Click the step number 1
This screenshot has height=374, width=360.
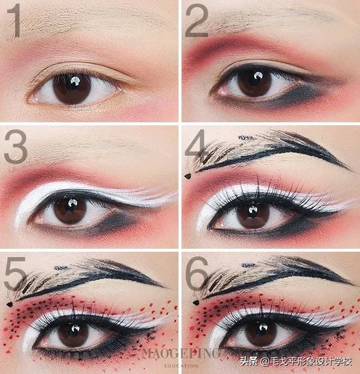tap(14, 22)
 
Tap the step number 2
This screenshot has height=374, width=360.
tap(196, 21)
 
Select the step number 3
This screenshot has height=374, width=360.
tap(16, 146)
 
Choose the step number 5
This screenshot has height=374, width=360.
tap(15, 274)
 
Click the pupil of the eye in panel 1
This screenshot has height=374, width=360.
tap(72, 88)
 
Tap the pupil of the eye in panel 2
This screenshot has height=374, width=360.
tap(254, 82)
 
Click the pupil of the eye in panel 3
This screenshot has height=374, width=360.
tap(70, 211)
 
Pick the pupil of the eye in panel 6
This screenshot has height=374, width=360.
tap(261, 333)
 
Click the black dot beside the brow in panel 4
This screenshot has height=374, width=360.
tap(188, 177)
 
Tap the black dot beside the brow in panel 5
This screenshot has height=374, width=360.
tap(10, 304)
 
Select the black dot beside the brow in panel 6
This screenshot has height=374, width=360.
tap(196, 302)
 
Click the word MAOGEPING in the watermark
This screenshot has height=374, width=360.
tap(180, 354)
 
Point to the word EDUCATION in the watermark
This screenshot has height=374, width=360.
tap(181, 366)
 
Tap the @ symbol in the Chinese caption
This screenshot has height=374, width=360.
tap(264, 361)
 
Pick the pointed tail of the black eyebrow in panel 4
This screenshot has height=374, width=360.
tap(350, 169)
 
